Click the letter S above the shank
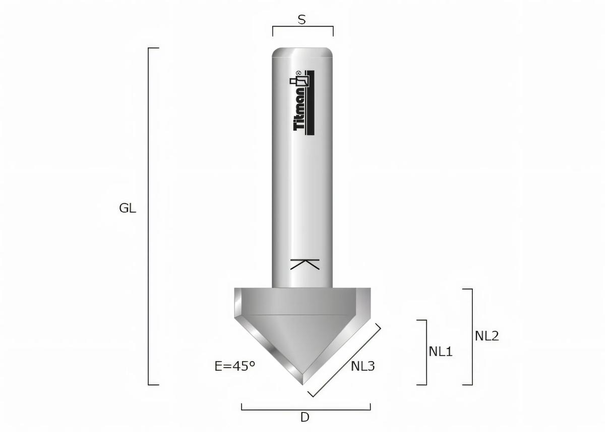pyautogui.click(x=301, y=20)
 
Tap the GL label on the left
pyautogui.click(x=128, y=208)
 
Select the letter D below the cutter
pyautogui.click(x=305, y=417)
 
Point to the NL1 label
pyautogui.click(x=441, y=351)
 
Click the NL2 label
pyautogui.click(x=487, y=336)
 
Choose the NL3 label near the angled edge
pyautogui.click(x=362, y=366)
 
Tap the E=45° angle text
pyautogui.click(x=234, y=366)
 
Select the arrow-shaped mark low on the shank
pyautogui.click(x=306, y=265)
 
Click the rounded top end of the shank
pyautogui.click(x=302, y=52)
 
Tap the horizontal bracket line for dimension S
pyautogui.click(x=302, y=27)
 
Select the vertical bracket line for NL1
pyautogui.click(x=427, y=352)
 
